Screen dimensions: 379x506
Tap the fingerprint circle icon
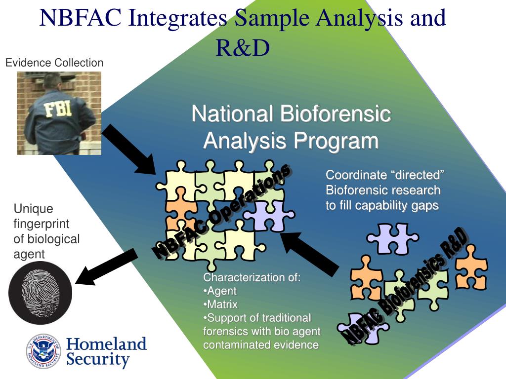pyautogui.click(x=41, y=293)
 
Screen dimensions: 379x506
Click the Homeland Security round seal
pyautogui.click(x=43, y=351)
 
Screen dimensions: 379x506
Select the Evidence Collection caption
pyautogui.click(x=54, y=63)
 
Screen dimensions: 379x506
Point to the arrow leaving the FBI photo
pyautogui.click(x=130, y=150)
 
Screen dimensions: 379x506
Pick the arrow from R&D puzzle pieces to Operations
pyautogui.click(x=309, y=253)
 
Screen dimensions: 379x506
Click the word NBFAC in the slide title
pyautogui.click(x=81, y=18)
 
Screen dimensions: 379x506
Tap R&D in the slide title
pyautogui.click(x=243, y=47)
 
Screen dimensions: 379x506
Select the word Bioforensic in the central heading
pyautogui.click(x=336, y=114)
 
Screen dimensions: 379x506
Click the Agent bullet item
pyautogui.click(x=221, y=291)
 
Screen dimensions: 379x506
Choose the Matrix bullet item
pyautogui.click(x=222, y=304)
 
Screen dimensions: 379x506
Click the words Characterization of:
pyautogui.click(x=252, y=277)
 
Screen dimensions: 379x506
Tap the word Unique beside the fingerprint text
pyautogui.click(x=33, y=209)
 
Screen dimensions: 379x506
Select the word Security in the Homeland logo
pyautogui.click(x=98, y=359)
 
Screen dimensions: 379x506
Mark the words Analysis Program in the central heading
pyautogui.click(x=291, y=141)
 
